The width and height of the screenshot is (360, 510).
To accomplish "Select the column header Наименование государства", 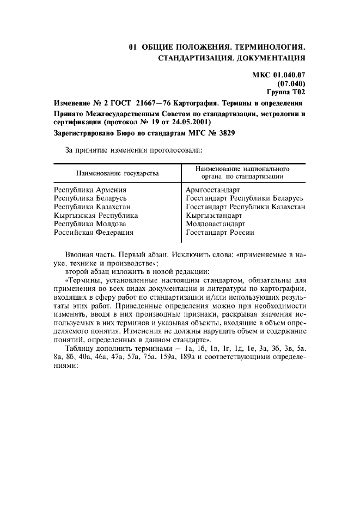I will [118, 173].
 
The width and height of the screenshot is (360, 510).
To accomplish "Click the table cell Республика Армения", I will [90, 190].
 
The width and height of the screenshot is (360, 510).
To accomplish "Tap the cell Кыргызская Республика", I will [96, 215].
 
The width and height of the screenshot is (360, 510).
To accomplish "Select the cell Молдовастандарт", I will [216, 224].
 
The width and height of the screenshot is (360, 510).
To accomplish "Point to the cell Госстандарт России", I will [219, 233].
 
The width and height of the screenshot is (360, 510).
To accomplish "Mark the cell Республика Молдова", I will [90, 224].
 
